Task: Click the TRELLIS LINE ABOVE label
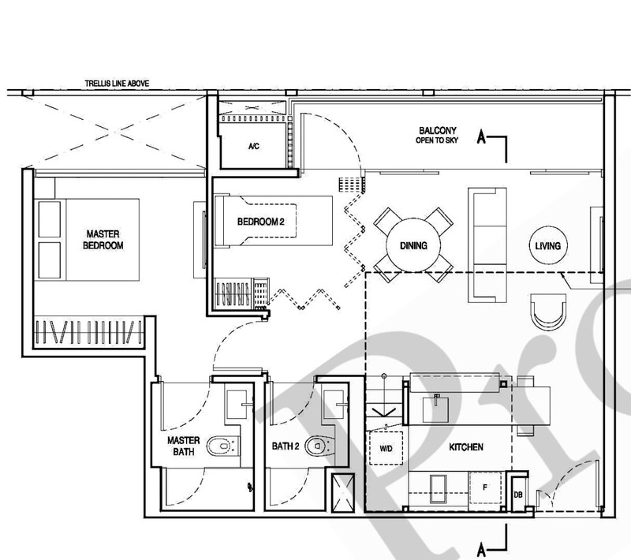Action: pos(117,84)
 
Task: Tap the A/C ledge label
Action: pos(253,147)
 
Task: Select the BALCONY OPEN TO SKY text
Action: pos(437,135)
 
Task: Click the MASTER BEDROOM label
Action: pos(103,239)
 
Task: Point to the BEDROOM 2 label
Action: pos(261,222)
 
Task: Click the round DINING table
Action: pos(413,245)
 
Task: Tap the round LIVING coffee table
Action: pos(547,245)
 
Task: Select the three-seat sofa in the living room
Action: pos(487,245)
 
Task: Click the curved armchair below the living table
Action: pos(547,312)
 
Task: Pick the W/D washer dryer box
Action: pos(386,448)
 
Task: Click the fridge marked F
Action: pos(486,487)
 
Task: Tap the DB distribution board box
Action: pos(518,494)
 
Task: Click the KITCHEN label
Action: pos(466,447)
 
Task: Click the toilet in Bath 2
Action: pos(319,446)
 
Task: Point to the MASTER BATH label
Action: pos(184,446)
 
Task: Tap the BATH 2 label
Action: pos(286,446)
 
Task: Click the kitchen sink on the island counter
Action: pos(436,409)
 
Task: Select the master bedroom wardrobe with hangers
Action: pos(88,332)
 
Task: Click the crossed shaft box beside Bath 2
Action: pos(343,493)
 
